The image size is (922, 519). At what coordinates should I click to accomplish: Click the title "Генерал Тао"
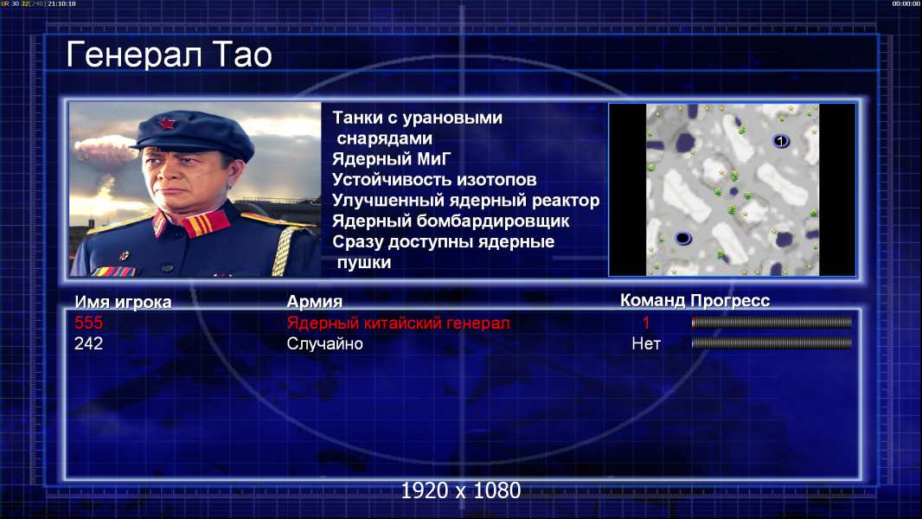(x=169, y=55)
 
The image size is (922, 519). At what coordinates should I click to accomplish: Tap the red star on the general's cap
(x=166, y=124)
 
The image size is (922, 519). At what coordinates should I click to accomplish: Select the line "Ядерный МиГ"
(x=391, y=159)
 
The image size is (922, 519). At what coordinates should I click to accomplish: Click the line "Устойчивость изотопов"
(x=434, y=180)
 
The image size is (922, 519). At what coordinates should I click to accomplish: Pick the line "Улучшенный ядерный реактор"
(x=465, y=201)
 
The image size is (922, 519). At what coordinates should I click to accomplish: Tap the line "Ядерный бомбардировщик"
(x=451, y=221)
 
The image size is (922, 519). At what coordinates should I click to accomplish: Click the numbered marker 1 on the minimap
(x=780, y=141)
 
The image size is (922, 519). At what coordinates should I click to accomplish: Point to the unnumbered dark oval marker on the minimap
(x=682, y=238)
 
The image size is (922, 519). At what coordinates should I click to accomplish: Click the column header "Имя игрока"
(x=123, y=302)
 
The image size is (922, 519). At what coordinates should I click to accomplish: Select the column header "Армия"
(x=315, y=302)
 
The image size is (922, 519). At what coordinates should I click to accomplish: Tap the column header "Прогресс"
(x=730, y=301)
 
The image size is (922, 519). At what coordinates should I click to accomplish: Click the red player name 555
(x=88, y=323)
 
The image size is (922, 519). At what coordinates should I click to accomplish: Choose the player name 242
(x=88, y=343)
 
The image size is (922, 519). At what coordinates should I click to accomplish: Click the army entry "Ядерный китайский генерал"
(x=398, y=323)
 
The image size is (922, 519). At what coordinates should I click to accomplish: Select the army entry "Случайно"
(x=324, y=344)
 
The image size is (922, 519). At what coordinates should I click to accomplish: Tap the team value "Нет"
(x=646, y=344)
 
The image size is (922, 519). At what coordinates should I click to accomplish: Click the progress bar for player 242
(x=772, y=343)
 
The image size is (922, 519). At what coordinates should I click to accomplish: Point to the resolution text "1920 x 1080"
(x=461, y=490)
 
